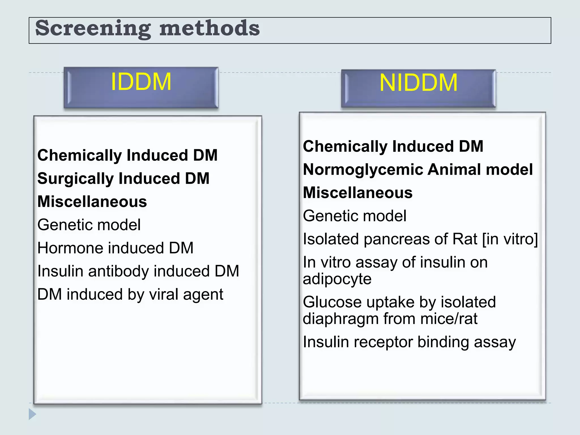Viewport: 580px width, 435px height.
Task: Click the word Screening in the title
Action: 93,29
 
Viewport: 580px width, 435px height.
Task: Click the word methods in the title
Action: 209,29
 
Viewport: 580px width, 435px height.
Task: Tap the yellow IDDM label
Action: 141,82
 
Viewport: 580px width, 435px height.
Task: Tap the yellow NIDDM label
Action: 418,83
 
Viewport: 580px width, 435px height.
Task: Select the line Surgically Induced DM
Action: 123,179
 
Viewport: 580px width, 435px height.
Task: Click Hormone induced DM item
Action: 115,248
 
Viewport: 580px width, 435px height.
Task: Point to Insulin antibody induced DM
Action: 138,271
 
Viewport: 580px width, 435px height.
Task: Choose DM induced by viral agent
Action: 130,295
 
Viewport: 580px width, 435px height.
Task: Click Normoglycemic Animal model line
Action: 418,170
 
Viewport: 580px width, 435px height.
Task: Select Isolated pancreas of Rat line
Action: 420,239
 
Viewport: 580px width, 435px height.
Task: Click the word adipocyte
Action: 337,279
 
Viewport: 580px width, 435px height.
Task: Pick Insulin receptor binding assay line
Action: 409,342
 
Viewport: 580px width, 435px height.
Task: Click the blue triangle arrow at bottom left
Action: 32,414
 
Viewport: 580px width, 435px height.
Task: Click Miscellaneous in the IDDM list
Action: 92,202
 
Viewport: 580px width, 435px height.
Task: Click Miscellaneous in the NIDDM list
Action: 358,193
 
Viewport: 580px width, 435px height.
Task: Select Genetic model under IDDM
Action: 89,225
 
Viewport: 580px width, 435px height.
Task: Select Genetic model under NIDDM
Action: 355,216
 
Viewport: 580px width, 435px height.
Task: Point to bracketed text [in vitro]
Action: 510,239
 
